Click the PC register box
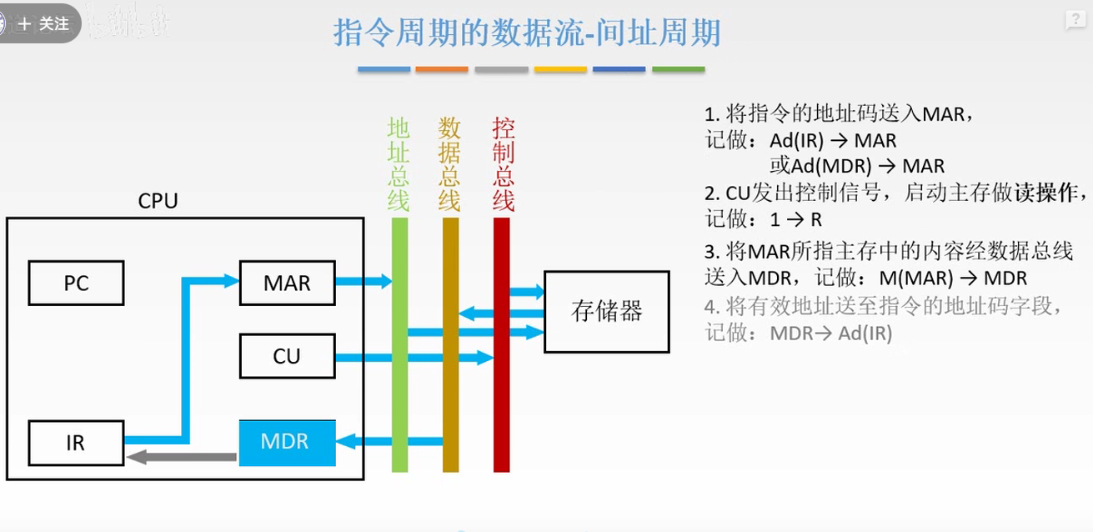pyautogui.click(x=76, y=284)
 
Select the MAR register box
pyautogui.click(x=287, y=284)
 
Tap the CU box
pyautogui.click(x=287, y=357)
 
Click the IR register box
pyautogui.click(x=76, y=442)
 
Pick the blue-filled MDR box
pyautogui.click(x=287, y=442)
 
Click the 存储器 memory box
pyautogui.click(x=606, y=311)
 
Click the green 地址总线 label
pyautogui.click(x=399, y=164)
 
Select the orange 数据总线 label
pyautogui.click(x=450, y=164)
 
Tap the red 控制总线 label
pyautogui.click(x=503, y=164)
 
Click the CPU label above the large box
pyautogui.click(x=158, y=202)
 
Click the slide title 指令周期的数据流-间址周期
pyautogui.click(x=527, y=34)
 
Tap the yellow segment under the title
pyautogui.click(x=560, y=69)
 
